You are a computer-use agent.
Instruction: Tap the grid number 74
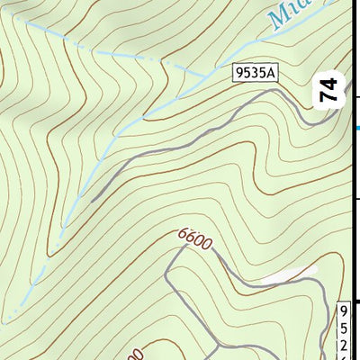pyautogui.click(x=331, y=91)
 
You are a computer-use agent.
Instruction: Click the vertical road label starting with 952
pyautogui.click(x=343, y=330)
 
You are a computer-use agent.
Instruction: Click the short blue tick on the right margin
pyautogui.click(x=357, y=129)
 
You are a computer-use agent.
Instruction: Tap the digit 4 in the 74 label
pyautogui.click(x=331, y=84)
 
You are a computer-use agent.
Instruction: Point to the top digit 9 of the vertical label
pyautogui.click(x=343, y=310)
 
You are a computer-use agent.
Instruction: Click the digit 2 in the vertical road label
pyautogui.click(x=343, y=342)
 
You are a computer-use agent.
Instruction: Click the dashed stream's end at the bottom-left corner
pyautogui.click(x=4, y=320)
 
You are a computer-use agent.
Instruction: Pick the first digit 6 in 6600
pyautogui.click(x=183, y=234)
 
